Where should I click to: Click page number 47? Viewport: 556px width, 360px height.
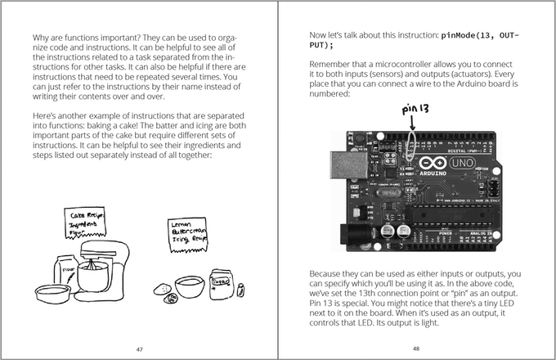tap(139, 348)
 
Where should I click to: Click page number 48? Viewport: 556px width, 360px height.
tap(415, 348)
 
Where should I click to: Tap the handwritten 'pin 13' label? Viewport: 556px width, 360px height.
tap(415, 109)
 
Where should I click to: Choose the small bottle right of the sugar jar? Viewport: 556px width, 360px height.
tap(240, 288)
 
